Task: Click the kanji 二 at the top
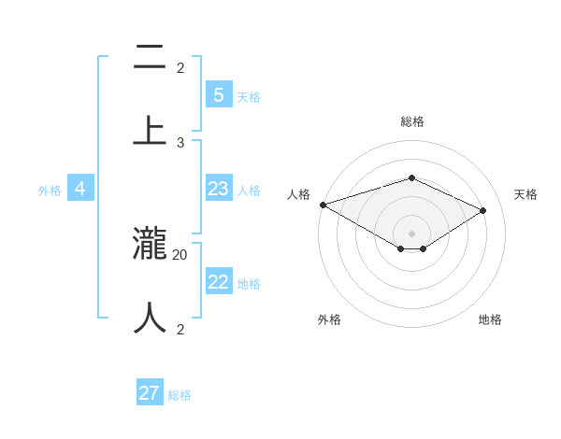click(150, 58)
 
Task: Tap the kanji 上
click(150, 129)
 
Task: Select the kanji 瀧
click(150, 245)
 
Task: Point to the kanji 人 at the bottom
click(150, 318)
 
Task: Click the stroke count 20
click(180, 254)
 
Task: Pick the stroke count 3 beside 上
click(180, 142)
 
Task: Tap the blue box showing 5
click(218, 94)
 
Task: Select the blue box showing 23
click(218, 189)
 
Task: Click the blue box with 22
click(218, 282)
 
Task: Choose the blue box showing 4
click(80, 189)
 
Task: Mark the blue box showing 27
click(150, 393)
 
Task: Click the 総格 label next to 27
click(180, 395)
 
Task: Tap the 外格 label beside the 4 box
click(50, 191)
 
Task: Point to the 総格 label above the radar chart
click(411, 121)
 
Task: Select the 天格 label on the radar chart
click(525, 194)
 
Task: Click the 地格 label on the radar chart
click(490, 319)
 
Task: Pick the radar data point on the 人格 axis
click(323, 205)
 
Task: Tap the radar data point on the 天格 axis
click(483, 210)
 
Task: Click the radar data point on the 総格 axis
click(411, 177)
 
